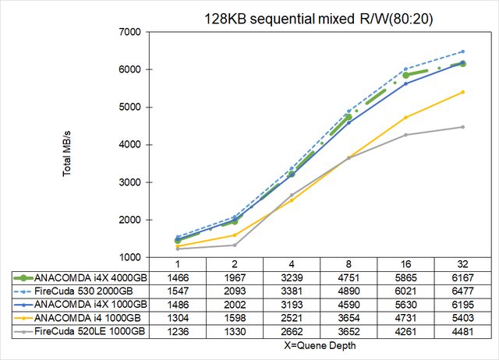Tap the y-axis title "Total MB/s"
68,145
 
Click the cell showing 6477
462,291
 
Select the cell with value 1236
178,330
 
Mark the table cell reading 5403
462,317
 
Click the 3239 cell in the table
292,277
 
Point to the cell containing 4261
405,330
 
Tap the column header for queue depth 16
405,264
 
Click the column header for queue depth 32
462,264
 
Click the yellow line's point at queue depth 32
462,92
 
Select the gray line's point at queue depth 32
462,127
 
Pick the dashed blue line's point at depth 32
462,51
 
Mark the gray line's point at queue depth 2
235,245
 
